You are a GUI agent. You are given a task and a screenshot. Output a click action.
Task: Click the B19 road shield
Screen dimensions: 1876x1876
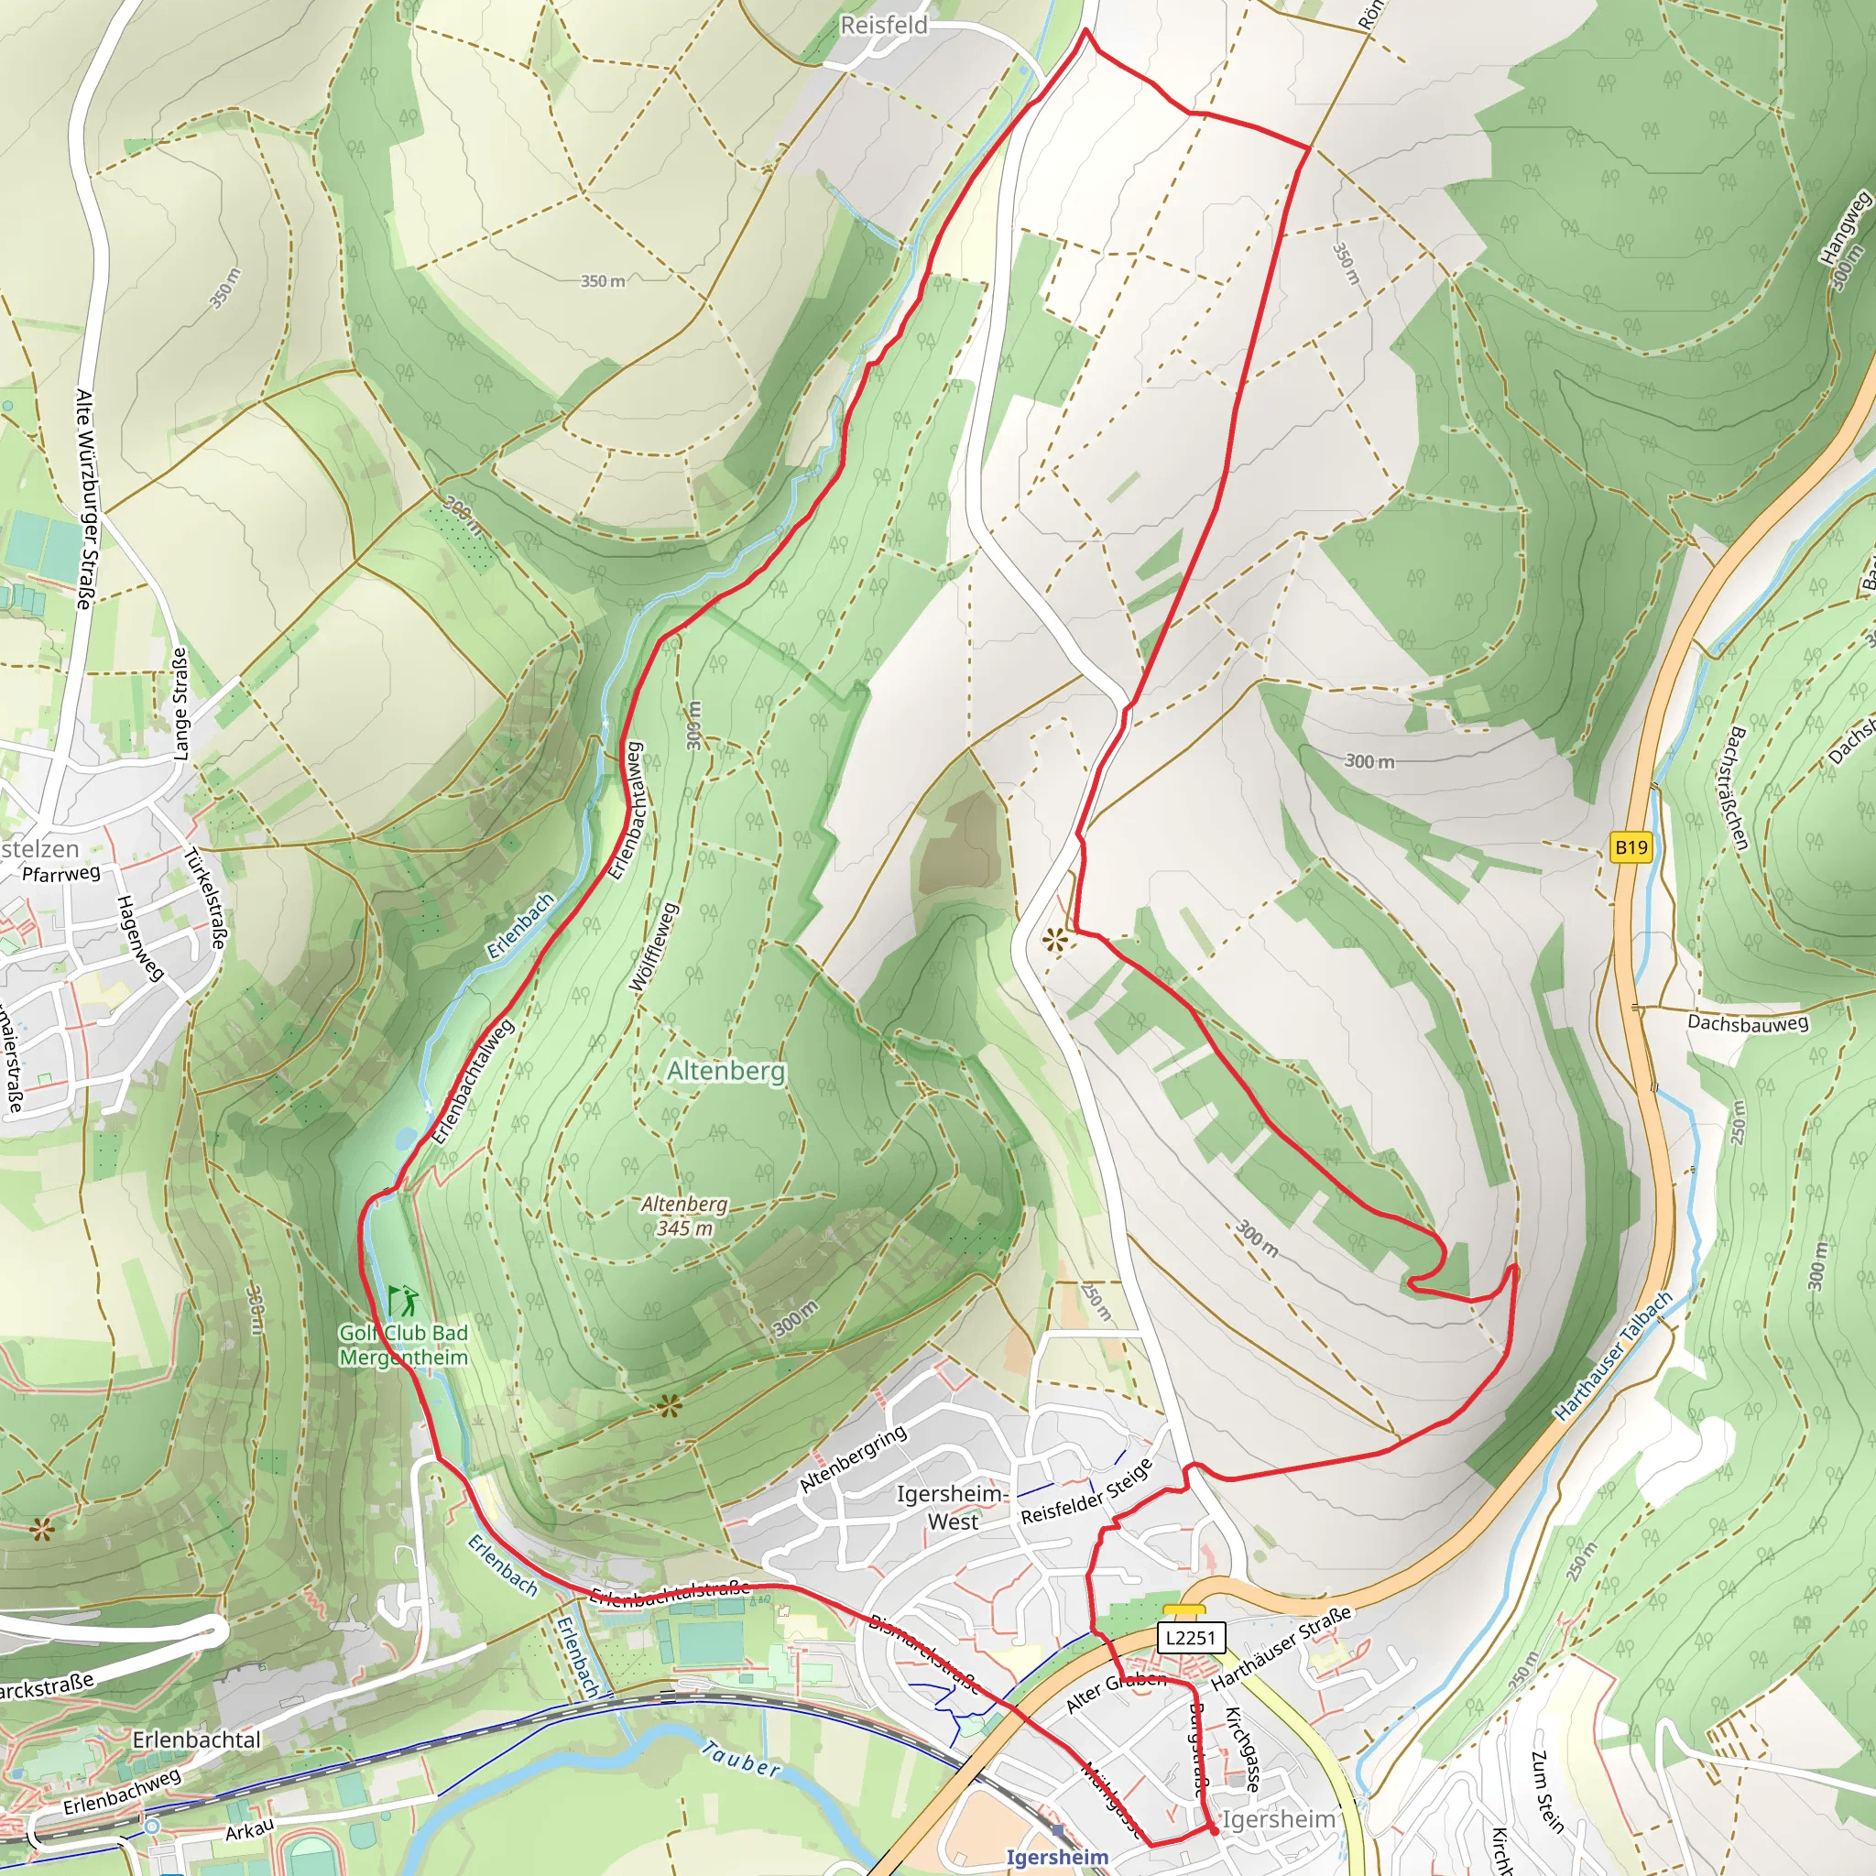(1631, 847)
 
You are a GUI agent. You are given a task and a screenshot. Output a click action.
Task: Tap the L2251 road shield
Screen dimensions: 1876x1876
(1191, 1636)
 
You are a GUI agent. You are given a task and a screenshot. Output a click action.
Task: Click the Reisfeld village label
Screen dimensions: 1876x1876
(884, 26)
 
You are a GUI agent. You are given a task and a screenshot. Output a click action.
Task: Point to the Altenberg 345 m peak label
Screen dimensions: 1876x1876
(684, 1215)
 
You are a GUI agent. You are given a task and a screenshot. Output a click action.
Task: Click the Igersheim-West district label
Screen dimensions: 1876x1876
(953, 1507)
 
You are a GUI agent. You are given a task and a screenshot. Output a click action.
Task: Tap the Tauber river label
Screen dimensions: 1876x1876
(741, 1759)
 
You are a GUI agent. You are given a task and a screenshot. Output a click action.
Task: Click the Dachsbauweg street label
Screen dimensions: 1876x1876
(1748, 1022)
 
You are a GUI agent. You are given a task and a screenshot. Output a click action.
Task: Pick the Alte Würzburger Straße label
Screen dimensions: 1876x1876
(84, 499)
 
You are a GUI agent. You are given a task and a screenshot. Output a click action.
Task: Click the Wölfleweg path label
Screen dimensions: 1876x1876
(653, 947)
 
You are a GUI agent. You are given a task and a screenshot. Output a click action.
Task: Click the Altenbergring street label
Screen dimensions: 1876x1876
(853, 1459)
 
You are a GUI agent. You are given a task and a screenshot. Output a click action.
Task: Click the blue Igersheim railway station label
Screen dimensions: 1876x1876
(1056, 1857)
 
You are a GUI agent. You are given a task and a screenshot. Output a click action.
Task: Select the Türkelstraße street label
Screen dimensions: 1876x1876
(206, 899)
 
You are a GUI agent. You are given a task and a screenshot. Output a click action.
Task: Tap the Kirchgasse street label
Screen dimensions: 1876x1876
(1243, 1749)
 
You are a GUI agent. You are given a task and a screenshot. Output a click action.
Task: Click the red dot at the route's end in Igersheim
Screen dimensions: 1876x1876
(1214, 1830)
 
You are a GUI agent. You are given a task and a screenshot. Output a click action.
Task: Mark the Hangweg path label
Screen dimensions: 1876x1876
(1843, 227)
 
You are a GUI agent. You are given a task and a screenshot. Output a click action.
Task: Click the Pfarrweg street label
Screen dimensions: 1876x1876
(61, 873)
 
